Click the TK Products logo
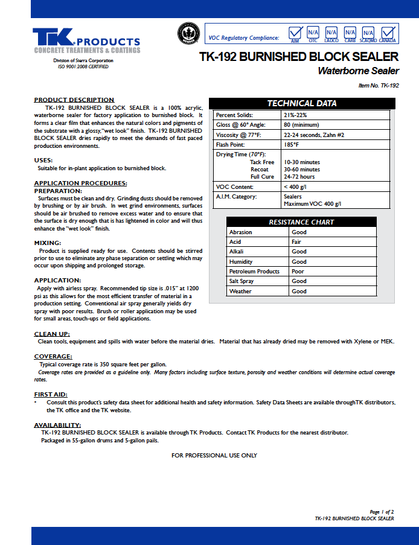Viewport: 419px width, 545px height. point(86,41)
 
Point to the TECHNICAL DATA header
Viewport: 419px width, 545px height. point(302,103)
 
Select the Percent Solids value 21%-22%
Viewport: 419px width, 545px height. point(295,115)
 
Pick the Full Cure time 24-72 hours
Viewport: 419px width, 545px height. point(299,177)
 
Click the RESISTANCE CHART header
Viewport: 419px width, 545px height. point(301,222)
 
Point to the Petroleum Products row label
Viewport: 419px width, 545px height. point(254,272)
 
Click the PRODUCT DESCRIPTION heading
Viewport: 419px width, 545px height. point(74,100)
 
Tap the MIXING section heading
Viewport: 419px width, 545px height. point(48,243)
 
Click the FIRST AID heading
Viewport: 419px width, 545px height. point(51,394)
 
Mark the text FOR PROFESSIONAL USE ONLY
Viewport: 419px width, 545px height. point(214,455)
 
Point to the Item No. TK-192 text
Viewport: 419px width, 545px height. point(379,86)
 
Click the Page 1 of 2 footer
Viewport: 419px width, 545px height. point(382,511)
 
